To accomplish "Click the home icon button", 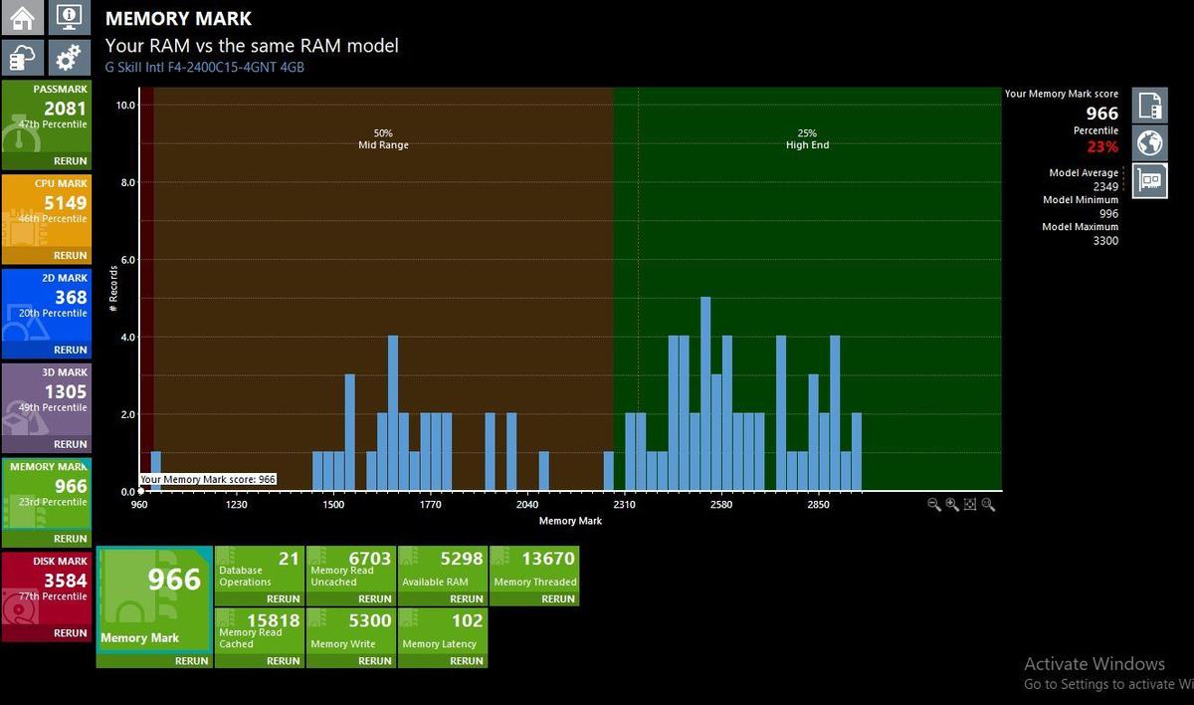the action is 22,17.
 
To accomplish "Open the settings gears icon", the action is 69,57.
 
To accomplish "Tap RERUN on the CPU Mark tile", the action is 70,256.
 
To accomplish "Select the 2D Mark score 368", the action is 71,297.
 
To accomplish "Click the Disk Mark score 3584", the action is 65,581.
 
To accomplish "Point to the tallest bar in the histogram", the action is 705,393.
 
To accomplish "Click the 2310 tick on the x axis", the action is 624,505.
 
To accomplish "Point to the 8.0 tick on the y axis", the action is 128,182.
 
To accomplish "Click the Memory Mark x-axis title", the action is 570,521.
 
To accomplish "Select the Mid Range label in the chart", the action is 383,145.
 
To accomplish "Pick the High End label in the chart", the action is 807,145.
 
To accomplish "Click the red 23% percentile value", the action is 1102,146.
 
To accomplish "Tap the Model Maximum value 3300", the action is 1105,241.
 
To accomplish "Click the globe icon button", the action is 1150,143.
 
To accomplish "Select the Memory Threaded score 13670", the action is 548,559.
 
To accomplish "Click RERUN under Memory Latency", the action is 466,661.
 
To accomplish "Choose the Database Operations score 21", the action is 289,559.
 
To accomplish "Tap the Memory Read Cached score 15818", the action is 273,620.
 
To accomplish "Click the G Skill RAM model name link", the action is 205,67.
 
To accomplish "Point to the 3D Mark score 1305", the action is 65,391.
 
